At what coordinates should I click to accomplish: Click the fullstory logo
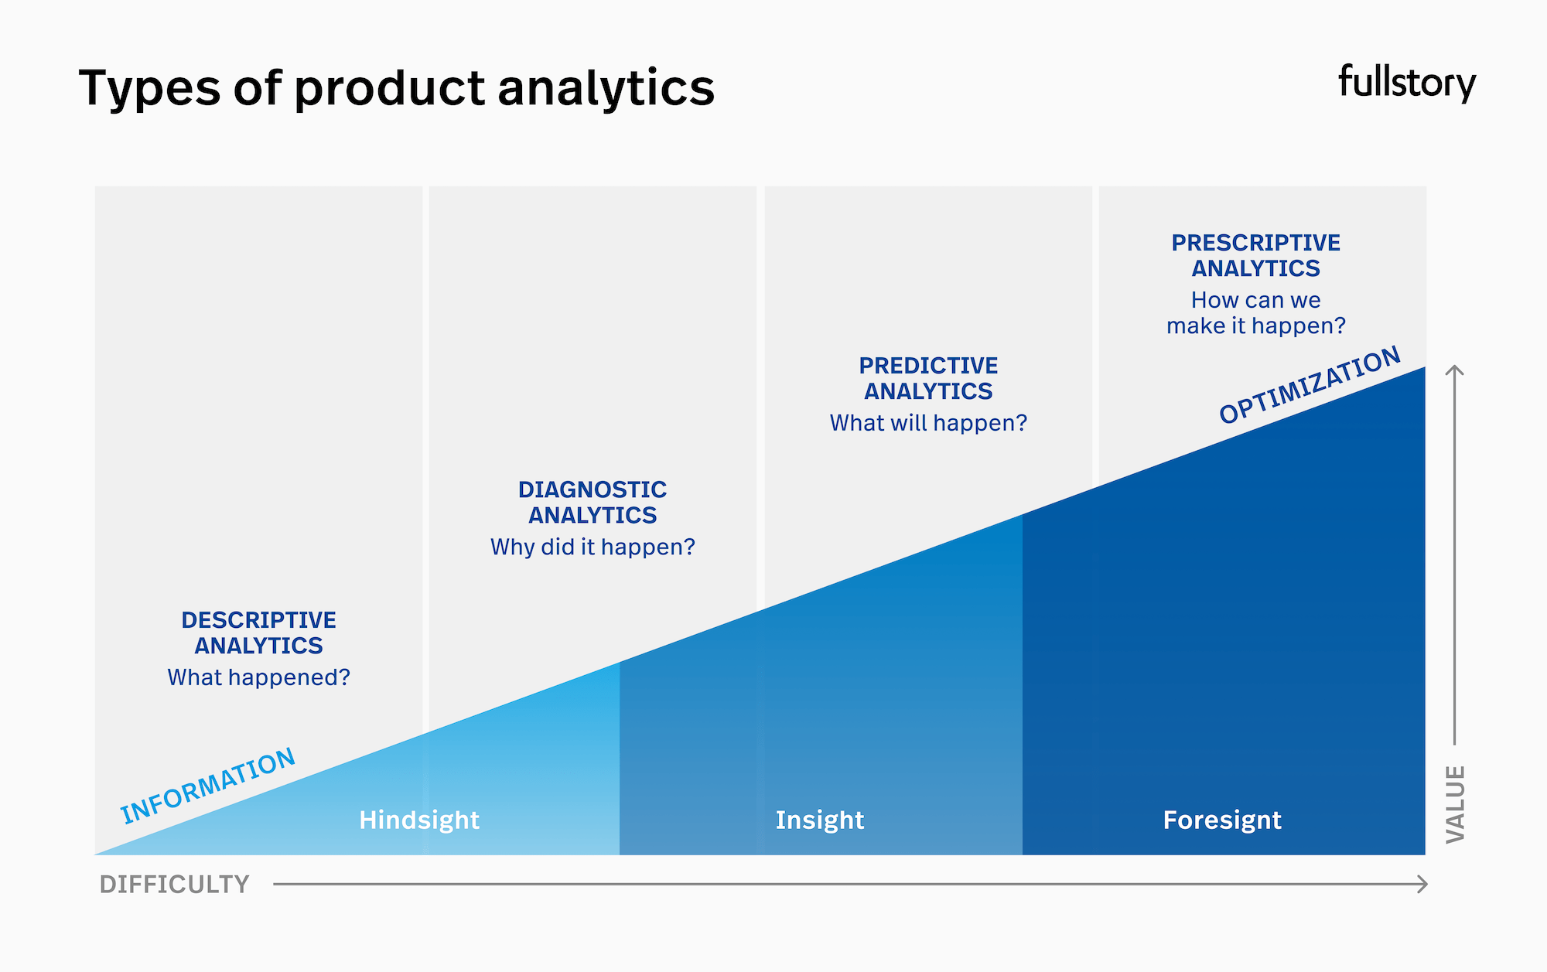pos(1406,83)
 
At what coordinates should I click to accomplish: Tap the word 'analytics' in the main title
pos(606,88)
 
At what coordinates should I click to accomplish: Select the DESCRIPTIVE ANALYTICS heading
pos(258,633)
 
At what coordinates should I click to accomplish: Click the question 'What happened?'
pos(258,677)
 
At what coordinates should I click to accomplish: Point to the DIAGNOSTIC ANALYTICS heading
pos(593,502)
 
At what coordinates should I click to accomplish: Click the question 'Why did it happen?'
pos(593,547)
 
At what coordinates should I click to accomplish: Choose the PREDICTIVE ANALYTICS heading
pos(928,378)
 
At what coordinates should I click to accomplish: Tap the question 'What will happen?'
pos(928,423)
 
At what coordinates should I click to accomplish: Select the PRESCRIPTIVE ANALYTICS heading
pos(1255,255)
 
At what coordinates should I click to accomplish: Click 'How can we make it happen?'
pos(1255,312)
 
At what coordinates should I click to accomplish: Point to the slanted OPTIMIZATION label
pos(1310,385)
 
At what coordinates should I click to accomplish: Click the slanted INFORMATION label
pos(207,786)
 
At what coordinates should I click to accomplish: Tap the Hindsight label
pos(419,820)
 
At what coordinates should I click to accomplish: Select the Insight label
pos(819,820)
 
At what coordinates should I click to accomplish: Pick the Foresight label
pos(1222,820)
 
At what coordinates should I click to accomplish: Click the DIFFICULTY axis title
pos(174,884)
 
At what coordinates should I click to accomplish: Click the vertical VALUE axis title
pos(1455,804)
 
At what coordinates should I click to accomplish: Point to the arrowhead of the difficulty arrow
pos(1423,884)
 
